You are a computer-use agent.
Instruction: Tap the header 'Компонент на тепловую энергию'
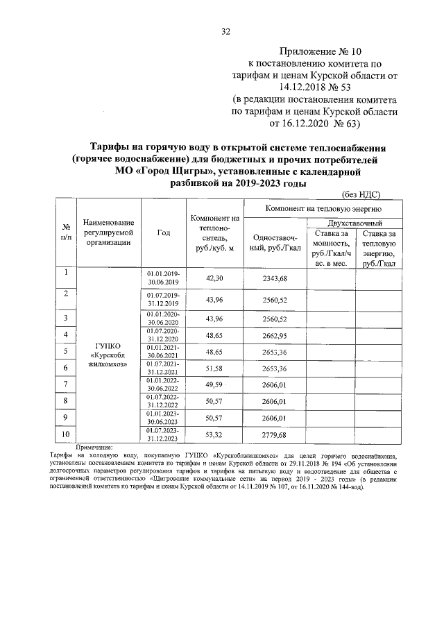click(x=322, y=207)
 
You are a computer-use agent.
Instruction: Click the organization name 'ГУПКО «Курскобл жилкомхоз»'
click(x=108, y=357)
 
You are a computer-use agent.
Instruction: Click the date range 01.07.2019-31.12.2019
click(x=163, y=300)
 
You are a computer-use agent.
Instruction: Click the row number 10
click(x=65, y=434)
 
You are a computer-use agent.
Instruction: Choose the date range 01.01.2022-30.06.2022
click(x=163, y=384)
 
